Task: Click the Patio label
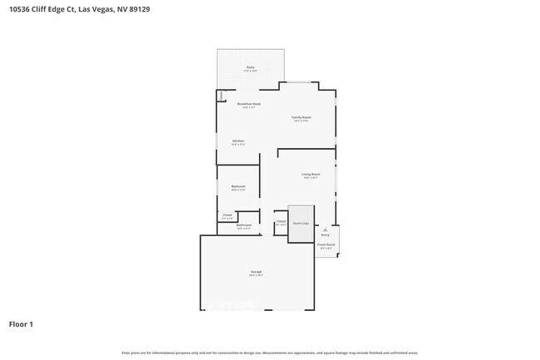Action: [x=250, y=68]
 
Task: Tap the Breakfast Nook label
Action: [x=250, y=105]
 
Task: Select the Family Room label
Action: [x=301, y=119]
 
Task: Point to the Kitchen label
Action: [x=238, y=142]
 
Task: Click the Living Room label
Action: [x=311, y=175]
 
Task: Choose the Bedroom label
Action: [x=238, y=187]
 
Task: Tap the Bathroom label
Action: [x=244, y=226]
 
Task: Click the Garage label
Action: [x=256, y=273]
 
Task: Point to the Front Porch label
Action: [x=326, y=246]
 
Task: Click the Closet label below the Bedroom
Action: [x=227, y=216]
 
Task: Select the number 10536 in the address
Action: [x=20, y=10]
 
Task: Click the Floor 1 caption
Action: [x=22, y=323]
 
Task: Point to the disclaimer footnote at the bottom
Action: [x=270, y=353]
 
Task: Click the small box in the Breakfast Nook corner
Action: [x=221, y=96]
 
